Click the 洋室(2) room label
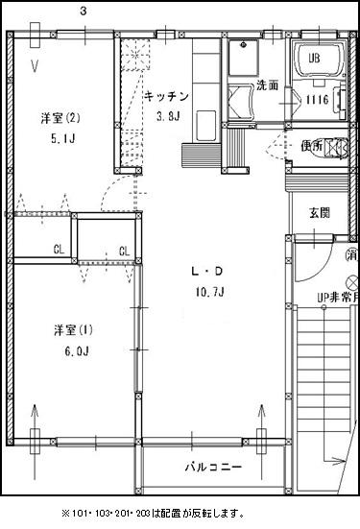pyautogui.click(x=60, y=118)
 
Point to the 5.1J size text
pyautogui.click(x=60, y=136)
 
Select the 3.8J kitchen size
pyautogui.click(x=168, y=117)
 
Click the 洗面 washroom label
pyautogui.click(x=267, y=85)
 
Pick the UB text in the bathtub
pyautogui.click(x=314, y=58)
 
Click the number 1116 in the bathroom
pyautogui.click(x=318, y=100)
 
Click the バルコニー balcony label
pyautogui.click(x=213, y=467)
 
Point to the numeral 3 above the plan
pyautogui.click(x=84, y=12)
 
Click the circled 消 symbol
pyautogui.click(x=352, y=254)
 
